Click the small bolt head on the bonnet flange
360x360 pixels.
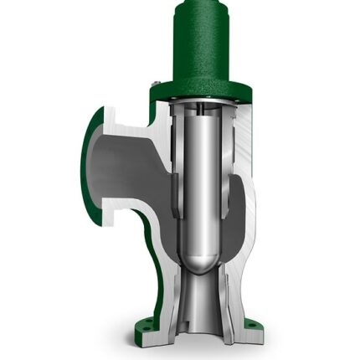point(157,83)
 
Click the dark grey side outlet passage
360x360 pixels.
point(126,167)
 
